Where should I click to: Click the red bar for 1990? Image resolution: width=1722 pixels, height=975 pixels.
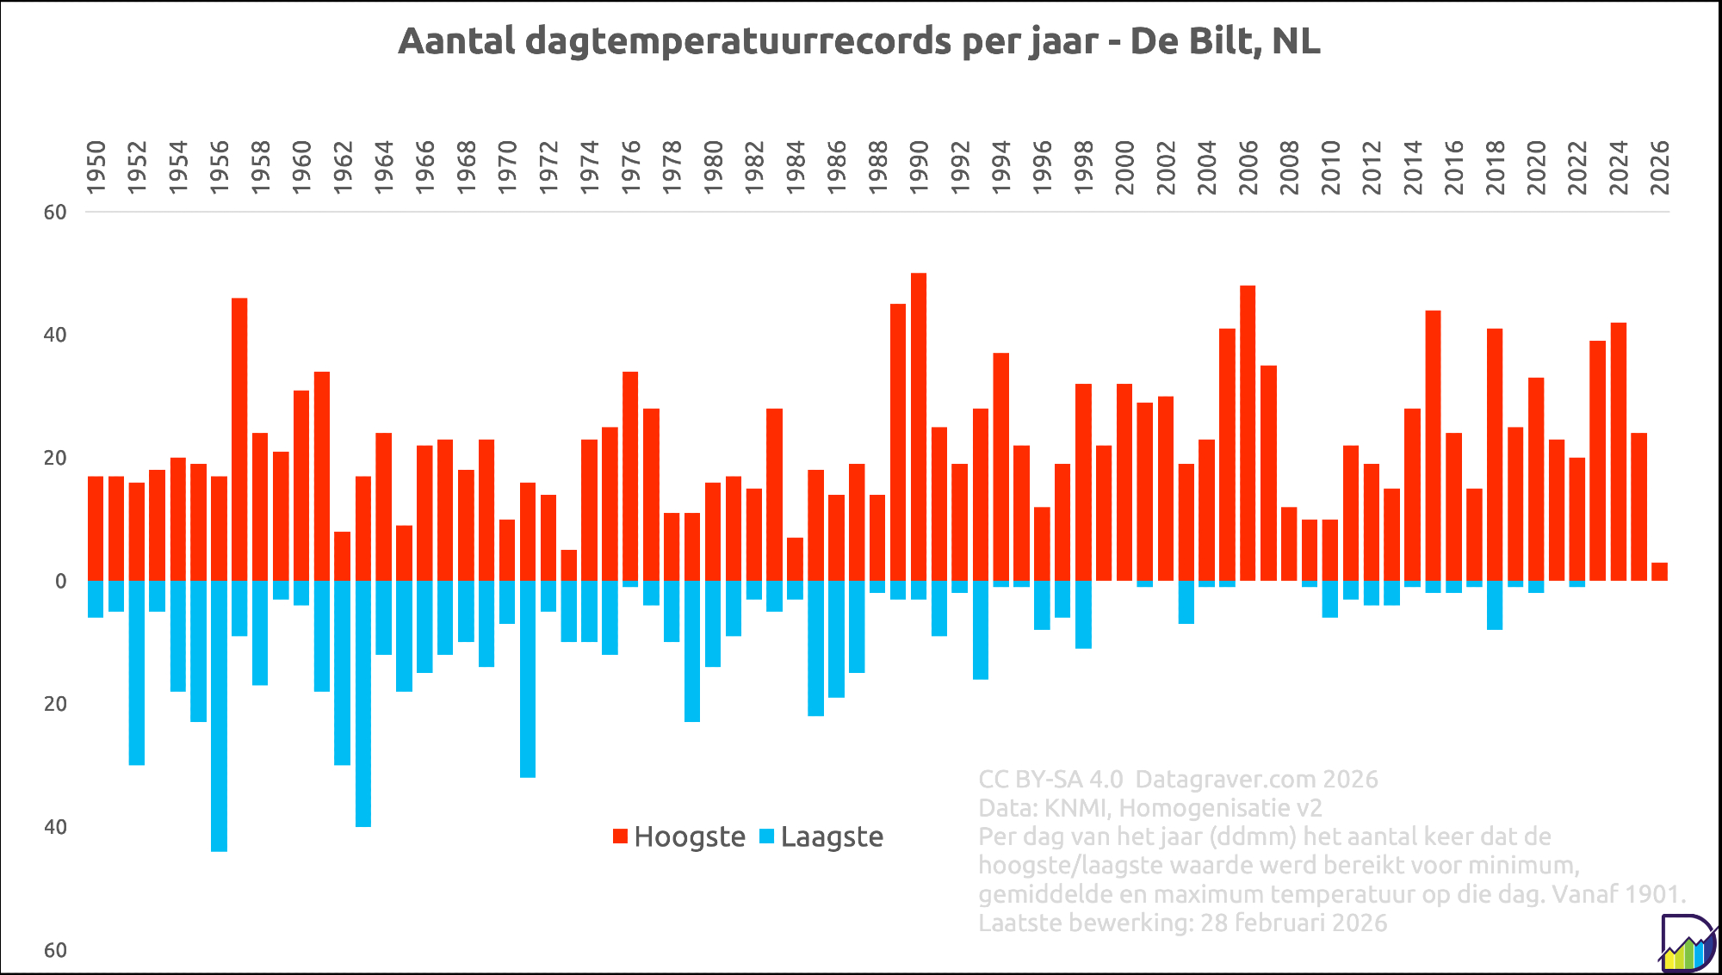click(919, 427)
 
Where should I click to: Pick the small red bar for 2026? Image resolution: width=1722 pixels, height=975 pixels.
click(1659, 571)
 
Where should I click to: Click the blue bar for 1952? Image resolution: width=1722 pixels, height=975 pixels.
click(137, 672)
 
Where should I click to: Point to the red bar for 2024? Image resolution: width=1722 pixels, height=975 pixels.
click(1618, 452)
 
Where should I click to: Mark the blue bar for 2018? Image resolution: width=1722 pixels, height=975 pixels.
click(1495, 605)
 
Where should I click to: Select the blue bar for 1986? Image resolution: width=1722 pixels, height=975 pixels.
click(836, 639)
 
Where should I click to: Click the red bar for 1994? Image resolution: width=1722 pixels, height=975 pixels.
click(1000, 466)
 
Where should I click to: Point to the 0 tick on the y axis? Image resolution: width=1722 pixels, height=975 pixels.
click(61, 581)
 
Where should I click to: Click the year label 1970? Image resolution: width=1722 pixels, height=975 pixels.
click(508, 167)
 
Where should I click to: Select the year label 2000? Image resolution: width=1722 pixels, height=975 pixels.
click(1124, 167)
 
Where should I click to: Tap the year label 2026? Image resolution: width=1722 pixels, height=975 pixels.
click(1659, 167)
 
